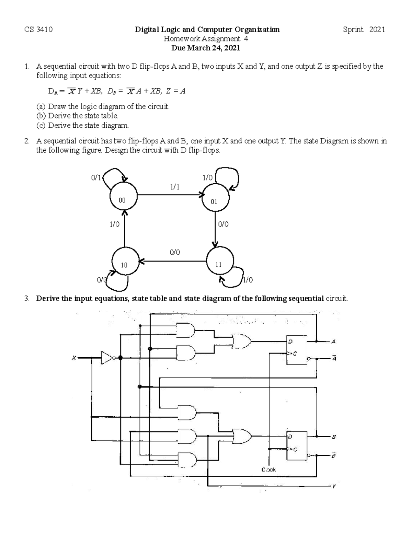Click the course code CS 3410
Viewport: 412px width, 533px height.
(x=38, y=30)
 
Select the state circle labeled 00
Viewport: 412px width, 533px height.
(x=123, y=195)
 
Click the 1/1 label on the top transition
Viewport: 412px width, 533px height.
(x=174, y=187)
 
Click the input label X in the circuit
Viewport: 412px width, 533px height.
(x=73, y=358)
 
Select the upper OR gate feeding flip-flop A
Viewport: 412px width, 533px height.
(x=241, y=341)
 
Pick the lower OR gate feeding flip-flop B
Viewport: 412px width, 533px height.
(x=242, y=437)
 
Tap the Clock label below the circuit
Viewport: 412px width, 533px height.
(x=268, y=469)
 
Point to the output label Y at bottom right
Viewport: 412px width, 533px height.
(x=333, y=486)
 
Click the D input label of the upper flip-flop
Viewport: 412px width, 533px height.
(x=290, y=341)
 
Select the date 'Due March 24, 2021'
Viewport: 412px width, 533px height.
(x=206, y=48)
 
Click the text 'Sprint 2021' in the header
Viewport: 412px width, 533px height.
(x=364, y=30)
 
